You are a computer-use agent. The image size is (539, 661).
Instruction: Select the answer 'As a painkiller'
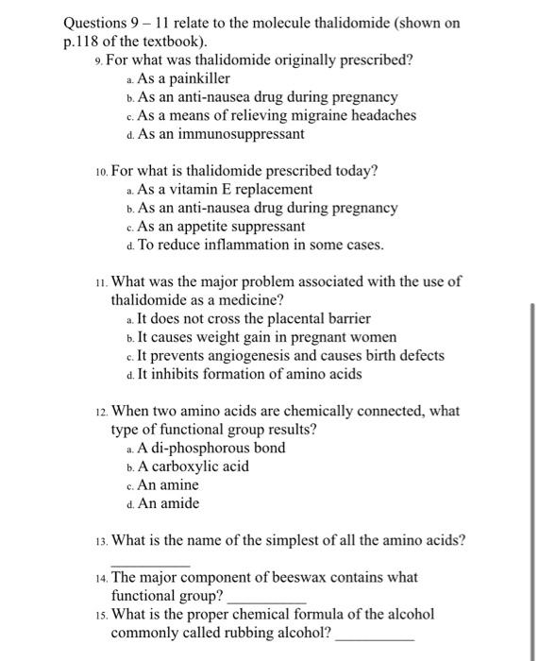(x=184, y=78)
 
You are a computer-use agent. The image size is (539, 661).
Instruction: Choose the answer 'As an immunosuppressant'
(x=221, y=134)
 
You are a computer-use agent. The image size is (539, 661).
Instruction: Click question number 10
(x=100, y=171)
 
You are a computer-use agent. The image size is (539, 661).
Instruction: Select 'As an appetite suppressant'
(x=221, y=227)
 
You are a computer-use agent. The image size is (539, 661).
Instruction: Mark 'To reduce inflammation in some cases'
(x=261, y=246)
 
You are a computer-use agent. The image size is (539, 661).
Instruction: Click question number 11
(x=100, y=281)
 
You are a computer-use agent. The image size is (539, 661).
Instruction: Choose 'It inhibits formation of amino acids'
(x=248, y=374)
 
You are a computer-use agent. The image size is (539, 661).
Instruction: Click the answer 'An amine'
(x=168, y=484)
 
